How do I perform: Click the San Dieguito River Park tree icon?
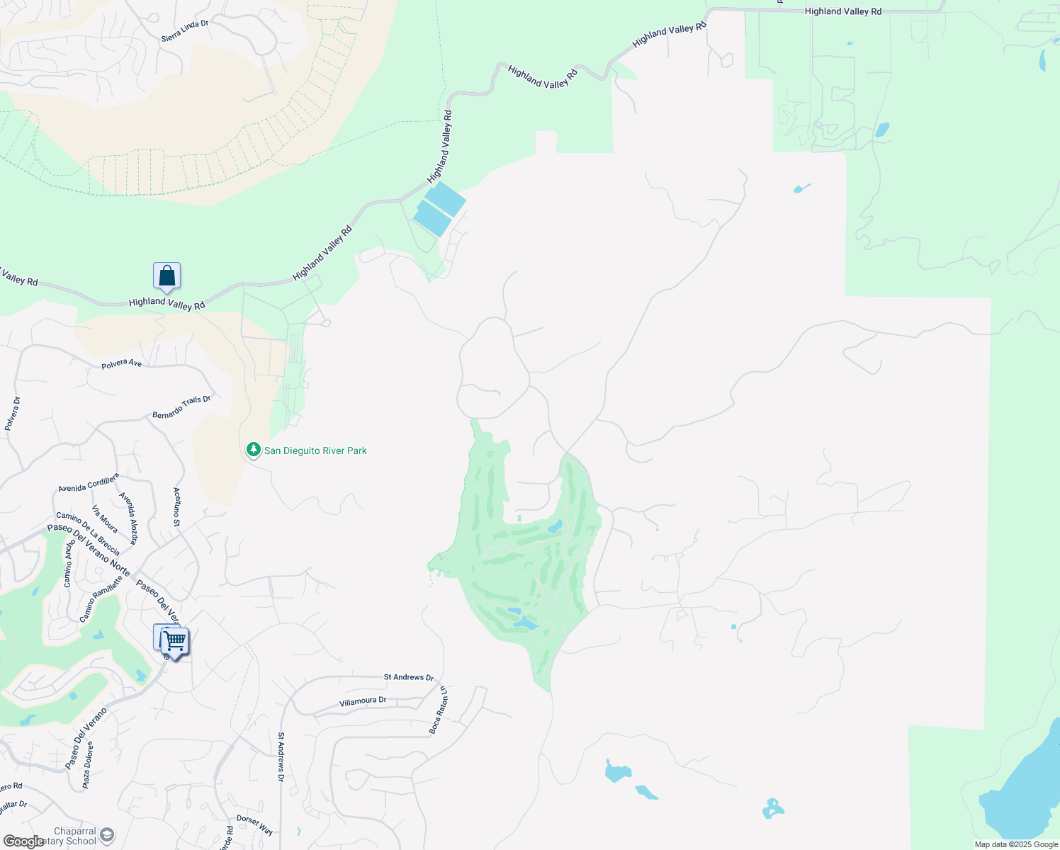pos(253,450)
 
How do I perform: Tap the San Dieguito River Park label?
pos(315,450)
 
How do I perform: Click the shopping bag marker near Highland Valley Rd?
pos(167,276)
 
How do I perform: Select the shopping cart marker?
pos(174,641)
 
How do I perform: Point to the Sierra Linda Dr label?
pos(185,30)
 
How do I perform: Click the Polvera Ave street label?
pos(121,363)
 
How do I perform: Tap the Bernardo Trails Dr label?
pos(181,407)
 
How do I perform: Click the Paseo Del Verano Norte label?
pos(89,550)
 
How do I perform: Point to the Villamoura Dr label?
pos(363,701)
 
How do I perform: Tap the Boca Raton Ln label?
pos(439,710)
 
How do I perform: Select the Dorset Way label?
pos(254,825)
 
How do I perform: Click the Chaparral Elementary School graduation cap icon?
pos(106,834)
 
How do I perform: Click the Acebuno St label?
pos(177,506)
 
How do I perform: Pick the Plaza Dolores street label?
pos(87,765)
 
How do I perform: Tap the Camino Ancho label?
pos(69,564)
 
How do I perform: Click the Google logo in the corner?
pos(23,841)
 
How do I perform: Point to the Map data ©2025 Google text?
pos(1016,844)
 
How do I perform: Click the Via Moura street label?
pos(105,518)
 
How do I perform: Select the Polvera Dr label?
pos(13,414)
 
